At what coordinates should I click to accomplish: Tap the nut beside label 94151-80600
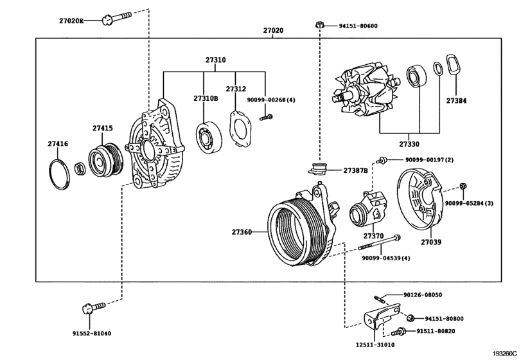tap(319, 25)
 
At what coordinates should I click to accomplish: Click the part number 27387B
tap(355, 171)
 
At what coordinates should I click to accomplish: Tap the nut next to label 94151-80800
tap(410, 318)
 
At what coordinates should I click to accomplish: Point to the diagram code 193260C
tap(506, 354)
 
